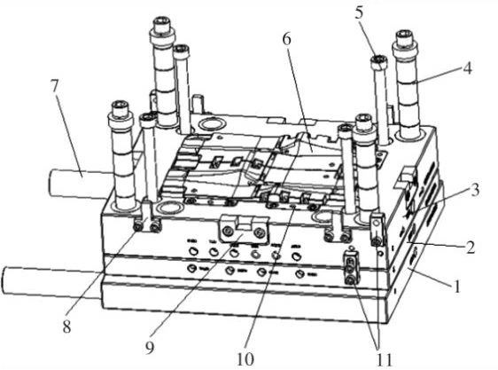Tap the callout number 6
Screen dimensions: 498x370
pyautogui.click(x=287, y=40)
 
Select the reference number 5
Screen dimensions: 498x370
pyautogui.click(x=359, y=13)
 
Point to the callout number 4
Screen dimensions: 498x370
pyautogui.click(x=467, y=68)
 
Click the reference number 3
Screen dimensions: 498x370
pyautogui.click(x=474, y=190)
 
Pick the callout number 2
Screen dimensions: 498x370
pyautogui.click(x=470, y=248)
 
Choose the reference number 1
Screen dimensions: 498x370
pyautogui.click(x=456, y=286)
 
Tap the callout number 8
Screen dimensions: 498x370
pyautogui.click(x=66, y=326)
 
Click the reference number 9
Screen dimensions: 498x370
pyautogui.click(x=150, y=347)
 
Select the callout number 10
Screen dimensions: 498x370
pyautogui.click(x=245, y=358)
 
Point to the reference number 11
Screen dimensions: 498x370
pyautogui.click(x=385, y=359)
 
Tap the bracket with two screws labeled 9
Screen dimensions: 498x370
pyautogui.click(x=244, y=229)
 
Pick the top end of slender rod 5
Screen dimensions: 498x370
pyautogui.click(x=379, y=61)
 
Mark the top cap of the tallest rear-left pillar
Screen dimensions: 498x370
pyautogui.click(x=163, y=28)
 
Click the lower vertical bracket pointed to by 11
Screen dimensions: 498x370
pyautogui.click(x=351, y=266)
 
